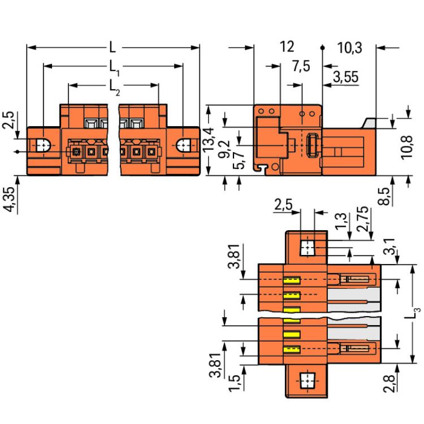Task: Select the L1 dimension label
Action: click(114, 68)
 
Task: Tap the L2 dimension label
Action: click(114, 86)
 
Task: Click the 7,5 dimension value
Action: click(301, 67)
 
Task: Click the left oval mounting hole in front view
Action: click(44, 145)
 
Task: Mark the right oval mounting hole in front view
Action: click(184, 145)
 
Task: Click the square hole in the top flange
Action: click(307, 247)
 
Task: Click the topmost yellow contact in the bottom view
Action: click(291, 280)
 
